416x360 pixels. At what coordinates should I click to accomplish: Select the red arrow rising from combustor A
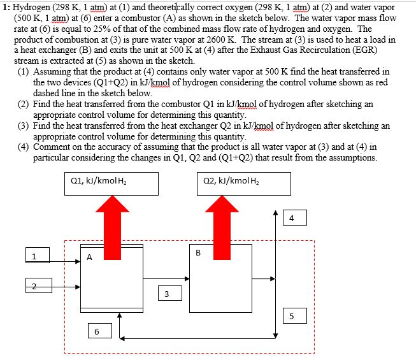(112, 227)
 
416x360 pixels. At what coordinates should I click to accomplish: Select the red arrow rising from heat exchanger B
(222, 227)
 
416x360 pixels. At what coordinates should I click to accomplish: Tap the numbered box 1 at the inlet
(38, 256)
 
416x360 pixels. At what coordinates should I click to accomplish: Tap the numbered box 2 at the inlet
(39, 285)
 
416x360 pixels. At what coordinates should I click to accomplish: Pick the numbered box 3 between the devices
(170, 293)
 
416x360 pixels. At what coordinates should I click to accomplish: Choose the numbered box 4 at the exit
(295, 218)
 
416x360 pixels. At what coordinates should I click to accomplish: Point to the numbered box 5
(295, 315)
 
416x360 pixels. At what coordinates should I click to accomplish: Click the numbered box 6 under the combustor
(100, 331)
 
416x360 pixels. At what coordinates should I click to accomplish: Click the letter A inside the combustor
(89, 257)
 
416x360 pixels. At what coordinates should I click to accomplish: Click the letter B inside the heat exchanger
(198, 253)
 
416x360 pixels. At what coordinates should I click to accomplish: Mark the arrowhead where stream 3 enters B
(187, 278)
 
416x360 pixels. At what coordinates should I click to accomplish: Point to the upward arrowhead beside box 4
(276, 213)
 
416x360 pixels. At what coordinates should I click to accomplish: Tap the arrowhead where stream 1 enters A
(78, 262)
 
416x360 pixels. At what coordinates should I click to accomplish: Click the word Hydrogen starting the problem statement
(31, 8)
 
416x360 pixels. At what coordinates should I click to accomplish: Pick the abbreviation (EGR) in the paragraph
(364, 50)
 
